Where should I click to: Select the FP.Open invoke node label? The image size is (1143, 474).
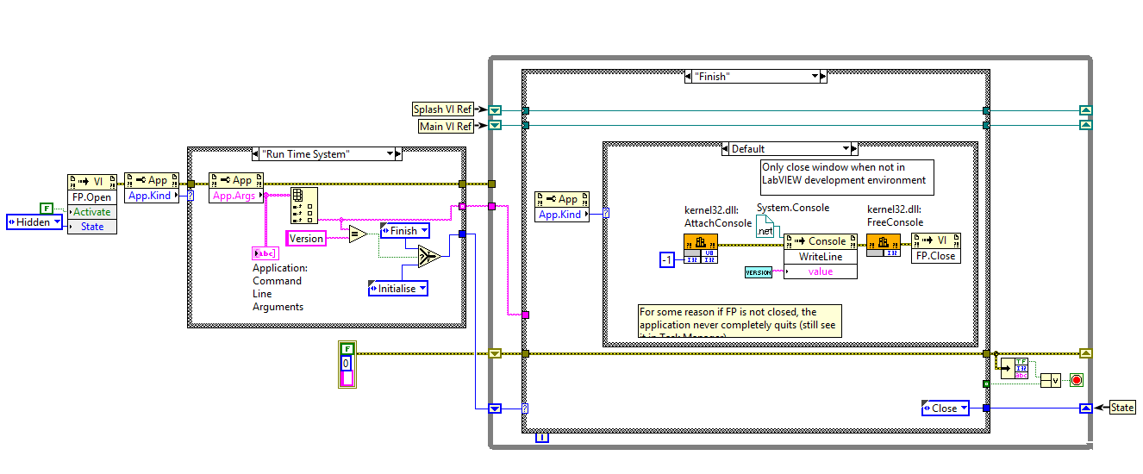coord(91,196)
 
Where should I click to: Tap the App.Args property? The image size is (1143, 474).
coord(232,196)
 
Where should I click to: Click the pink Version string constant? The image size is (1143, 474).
coord(306,238)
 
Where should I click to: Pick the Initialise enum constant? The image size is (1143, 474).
coord(397,289)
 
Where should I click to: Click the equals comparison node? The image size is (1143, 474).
coord(358,234)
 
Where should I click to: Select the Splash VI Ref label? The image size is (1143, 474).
coord(442,109)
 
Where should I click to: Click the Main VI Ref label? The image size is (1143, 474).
coord(445,126)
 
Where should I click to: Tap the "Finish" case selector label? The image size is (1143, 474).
coord(754,77)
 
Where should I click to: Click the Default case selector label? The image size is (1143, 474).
coord(788,148)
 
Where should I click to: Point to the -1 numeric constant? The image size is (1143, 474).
coord(665,260)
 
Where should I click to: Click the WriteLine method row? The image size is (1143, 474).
coord(820,256)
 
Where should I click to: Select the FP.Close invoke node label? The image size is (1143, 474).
coord(935,256)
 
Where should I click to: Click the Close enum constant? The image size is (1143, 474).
coord(944,408)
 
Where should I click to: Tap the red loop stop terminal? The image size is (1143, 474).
coord(1076,380)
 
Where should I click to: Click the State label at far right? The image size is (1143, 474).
coord(1121,408)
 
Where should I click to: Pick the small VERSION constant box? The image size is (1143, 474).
coord(758,272)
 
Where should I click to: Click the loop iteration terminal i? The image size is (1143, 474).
coord(541,439)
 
